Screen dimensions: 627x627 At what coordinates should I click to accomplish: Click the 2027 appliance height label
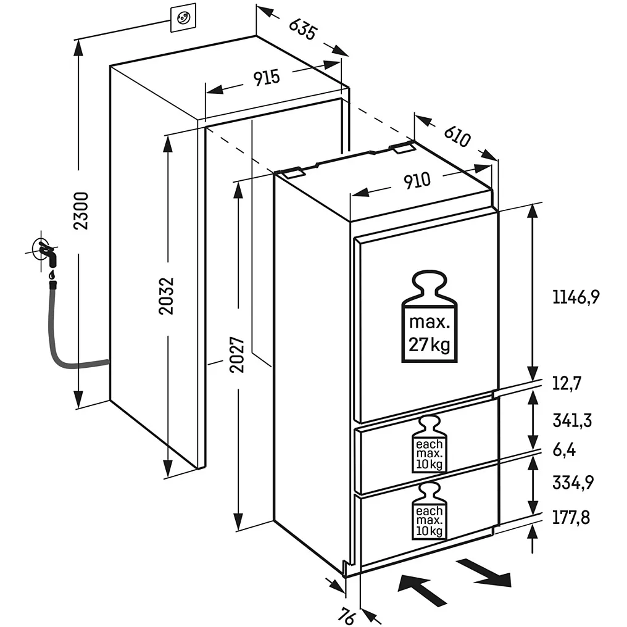tap(238, 354)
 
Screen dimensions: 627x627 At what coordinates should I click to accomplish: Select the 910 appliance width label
tap(417, 181)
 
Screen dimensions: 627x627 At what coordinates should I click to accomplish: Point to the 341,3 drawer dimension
tap(572, 421)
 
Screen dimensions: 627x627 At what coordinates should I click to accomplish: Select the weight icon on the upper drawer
tap(430, 446)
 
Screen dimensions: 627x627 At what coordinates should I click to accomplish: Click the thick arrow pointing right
tap(487, 572)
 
